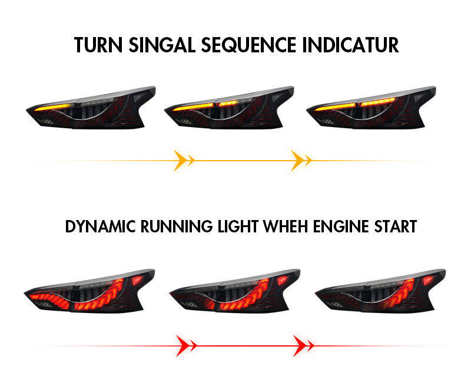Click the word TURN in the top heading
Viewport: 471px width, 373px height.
(98, 45)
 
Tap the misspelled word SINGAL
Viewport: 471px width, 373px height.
(162, 45)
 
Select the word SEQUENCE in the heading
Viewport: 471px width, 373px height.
(249, 45)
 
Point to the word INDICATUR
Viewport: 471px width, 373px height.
(350, 45)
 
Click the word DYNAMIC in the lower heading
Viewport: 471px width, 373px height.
(100, 227)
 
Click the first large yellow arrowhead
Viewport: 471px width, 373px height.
(181, 161)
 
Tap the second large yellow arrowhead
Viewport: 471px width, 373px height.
(298, 161)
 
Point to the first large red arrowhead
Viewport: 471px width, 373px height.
(183, 346)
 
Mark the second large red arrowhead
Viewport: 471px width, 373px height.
(300, 346)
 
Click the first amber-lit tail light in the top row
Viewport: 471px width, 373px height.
(91, 108)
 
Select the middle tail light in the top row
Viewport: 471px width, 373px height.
(229, 108)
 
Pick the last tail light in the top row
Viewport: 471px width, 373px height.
(372, 108)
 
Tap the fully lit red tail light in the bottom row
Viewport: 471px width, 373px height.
(89, 291)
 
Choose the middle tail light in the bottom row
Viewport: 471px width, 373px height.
(235, 291)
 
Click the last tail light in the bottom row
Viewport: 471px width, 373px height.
(380, 291)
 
